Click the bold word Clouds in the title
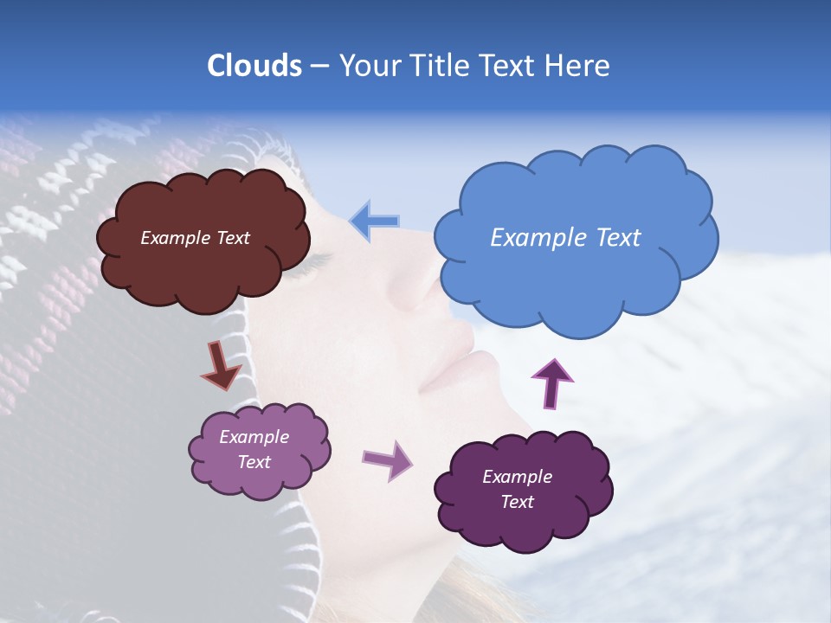coord(254,66)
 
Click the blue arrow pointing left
coord(375,222)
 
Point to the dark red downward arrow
coord(221,364)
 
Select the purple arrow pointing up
coord(551,382)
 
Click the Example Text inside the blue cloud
coord(565,238)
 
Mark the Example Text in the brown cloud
coord(195,238)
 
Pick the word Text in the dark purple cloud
coord(517,502)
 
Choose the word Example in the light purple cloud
coord(254,437)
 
